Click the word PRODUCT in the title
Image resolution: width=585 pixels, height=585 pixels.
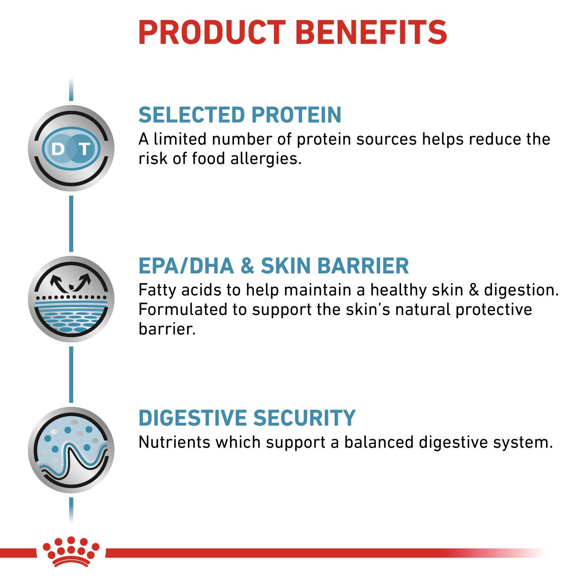tap(212, 32)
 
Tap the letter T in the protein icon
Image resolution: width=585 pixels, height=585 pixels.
tap(84, 149)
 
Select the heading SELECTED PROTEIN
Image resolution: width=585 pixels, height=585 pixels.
tap(240, 115)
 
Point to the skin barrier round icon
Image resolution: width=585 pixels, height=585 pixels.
tap(71, 299)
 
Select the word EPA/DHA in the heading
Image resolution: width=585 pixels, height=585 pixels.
tap(186, 266)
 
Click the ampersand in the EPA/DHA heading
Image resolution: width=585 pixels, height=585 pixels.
tap(247, 266)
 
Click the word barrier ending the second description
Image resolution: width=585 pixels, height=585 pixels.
tap(167, 329)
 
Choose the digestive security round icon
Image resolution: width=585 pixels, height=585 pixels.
tap(71, 450)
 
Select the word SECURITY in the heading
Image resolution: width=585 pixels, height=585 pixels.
tap(304, 418)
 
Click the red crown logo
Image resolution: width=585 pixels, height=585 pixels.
tap(71, 552)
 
